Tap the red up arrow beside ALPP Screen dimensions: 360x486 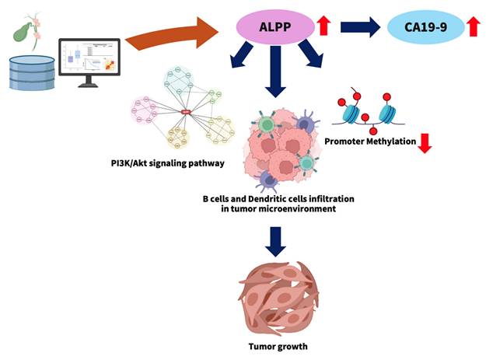click(324, 27)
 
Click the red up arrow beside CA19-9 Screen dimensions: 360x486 click(473, 28)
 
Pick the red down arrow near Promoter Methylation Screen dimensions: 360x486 click(424, 143)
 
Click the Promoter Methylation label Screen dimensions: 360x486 click(369, 142)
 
